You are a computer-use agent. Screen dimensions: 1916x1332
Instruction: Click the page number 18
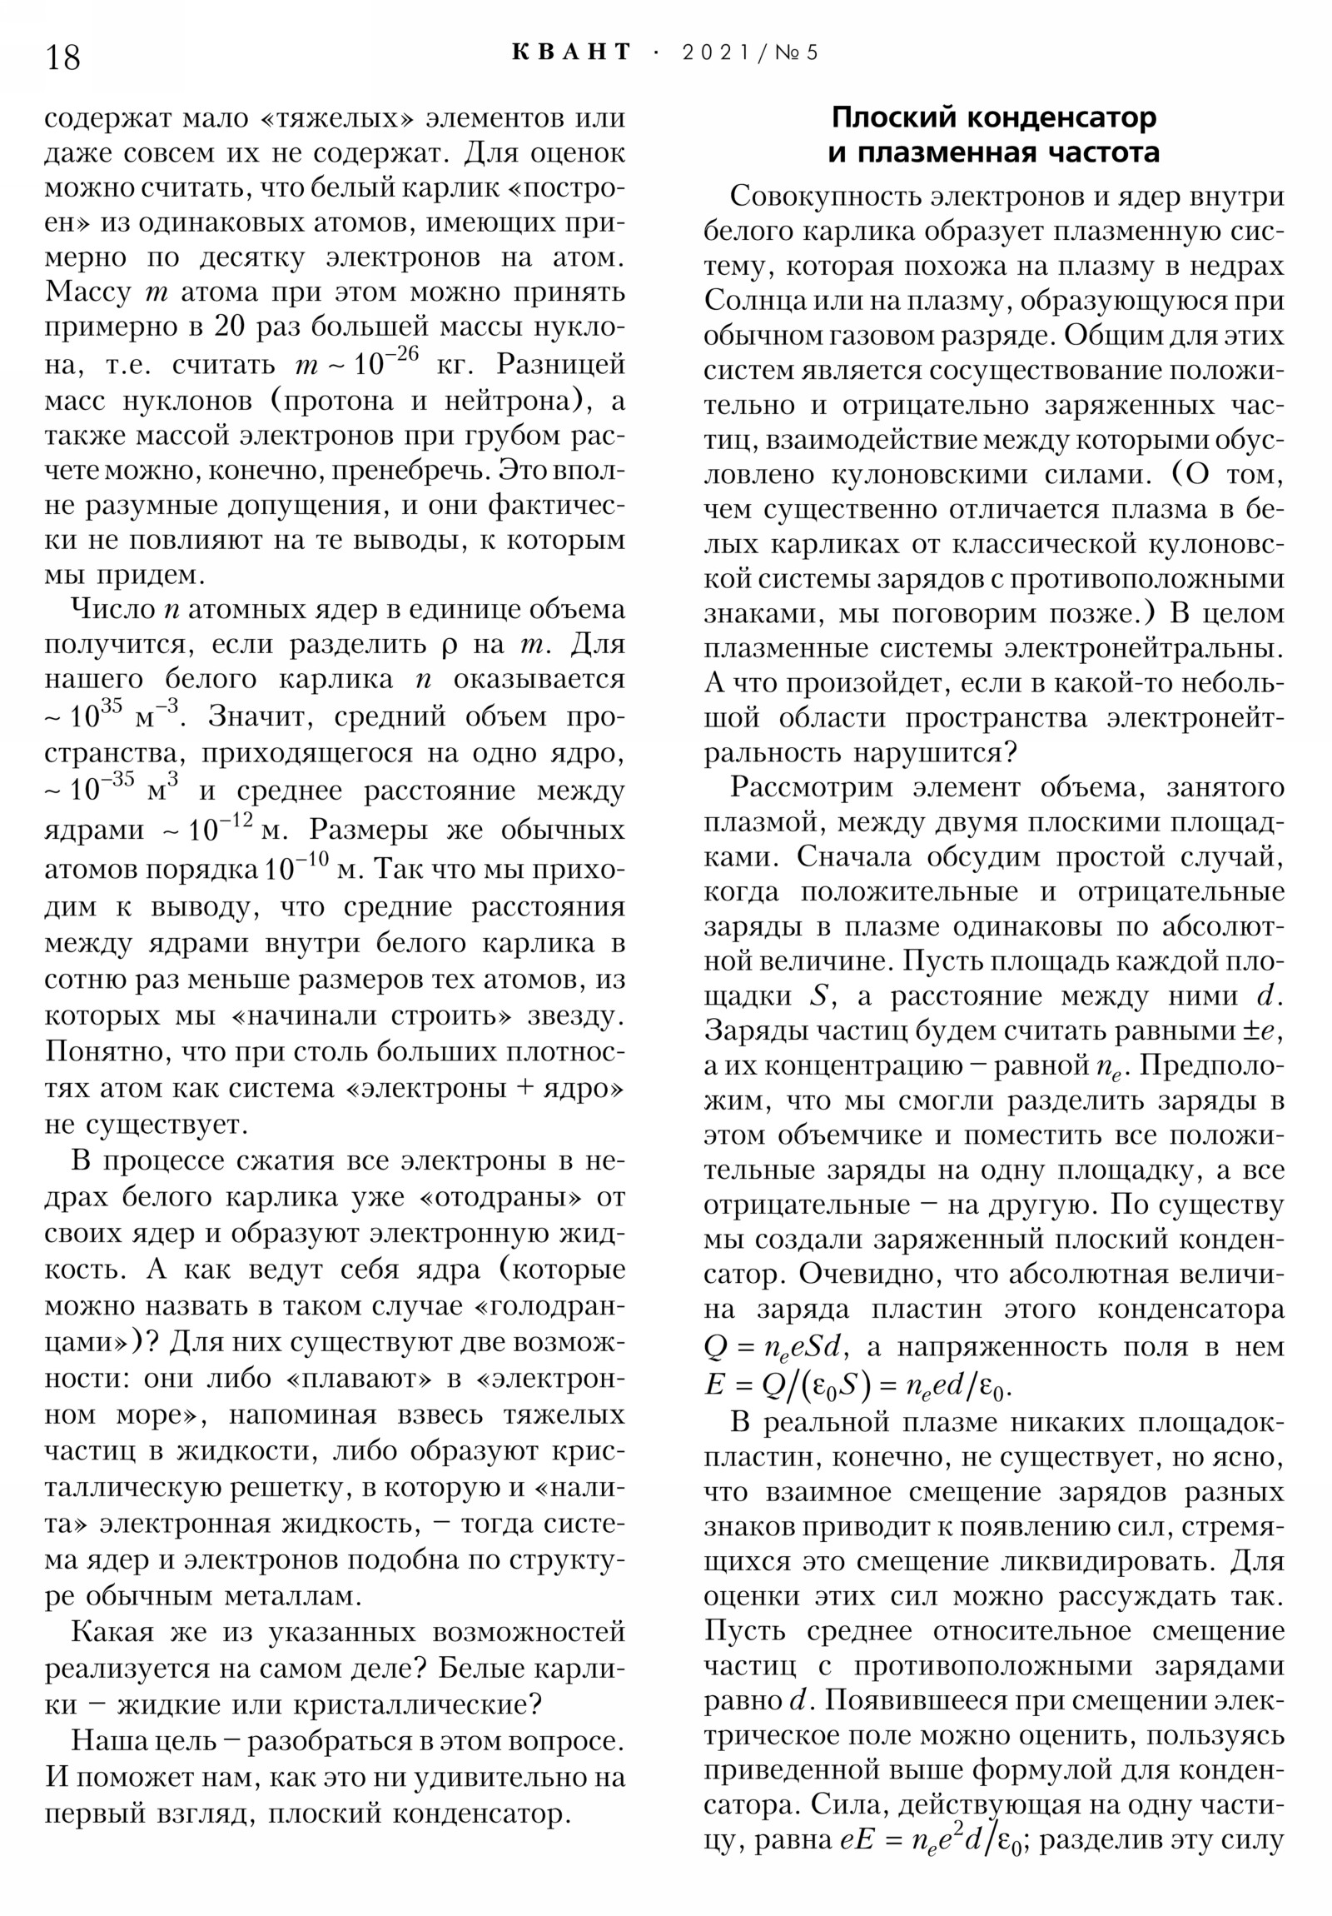coord(62,57)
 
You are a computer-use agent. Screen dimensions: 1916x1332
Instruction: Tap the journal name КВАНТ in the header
coord(570,52)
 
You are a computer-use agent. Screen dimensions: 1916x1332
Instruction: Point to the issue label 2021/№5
coord(750,52)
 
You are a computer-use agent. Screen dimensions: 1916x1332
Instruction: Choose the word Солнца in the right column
coord(752,301)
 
